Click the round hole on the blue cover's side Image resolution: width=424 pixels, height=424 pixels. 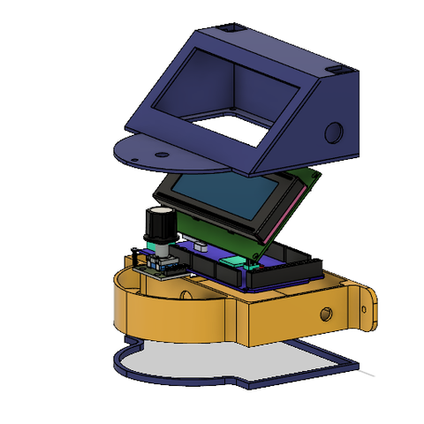pos(334,132)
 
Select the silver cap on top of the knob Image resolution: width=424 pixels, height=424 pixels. pos(161,212)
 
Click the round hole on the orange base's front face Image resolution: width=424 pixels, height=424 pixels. pos(326,314)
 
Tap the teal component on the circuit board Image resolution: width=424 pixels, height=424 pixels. pos(232,261)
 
